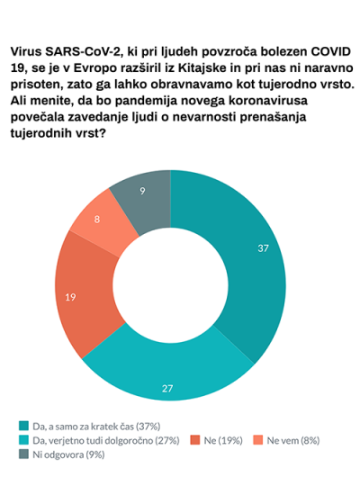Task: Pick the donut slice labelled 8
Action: pos(100,221)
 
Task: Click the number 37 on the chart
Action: pos(263,248)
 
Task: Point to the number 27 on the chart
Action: pos(167,389)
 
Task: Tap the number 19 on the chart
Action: pos(70,297)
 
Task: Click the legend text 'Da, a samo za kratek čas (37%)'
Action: pos(96,427)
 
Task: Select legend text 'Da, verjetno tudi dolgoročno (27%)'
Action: pos(106,440)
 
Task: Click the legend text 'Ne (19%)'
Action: pos(223,440)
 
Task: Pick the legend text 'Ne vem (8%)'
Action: pos(293,440)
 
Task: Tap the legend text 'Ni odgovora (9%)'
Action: pos(68,454)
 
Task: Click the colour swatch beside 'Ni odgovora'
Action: pos(23,454)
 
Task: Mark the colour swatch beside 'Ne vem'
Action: pos(258,440)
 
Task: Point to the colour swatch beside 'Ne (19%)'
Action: pos(195,440)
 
